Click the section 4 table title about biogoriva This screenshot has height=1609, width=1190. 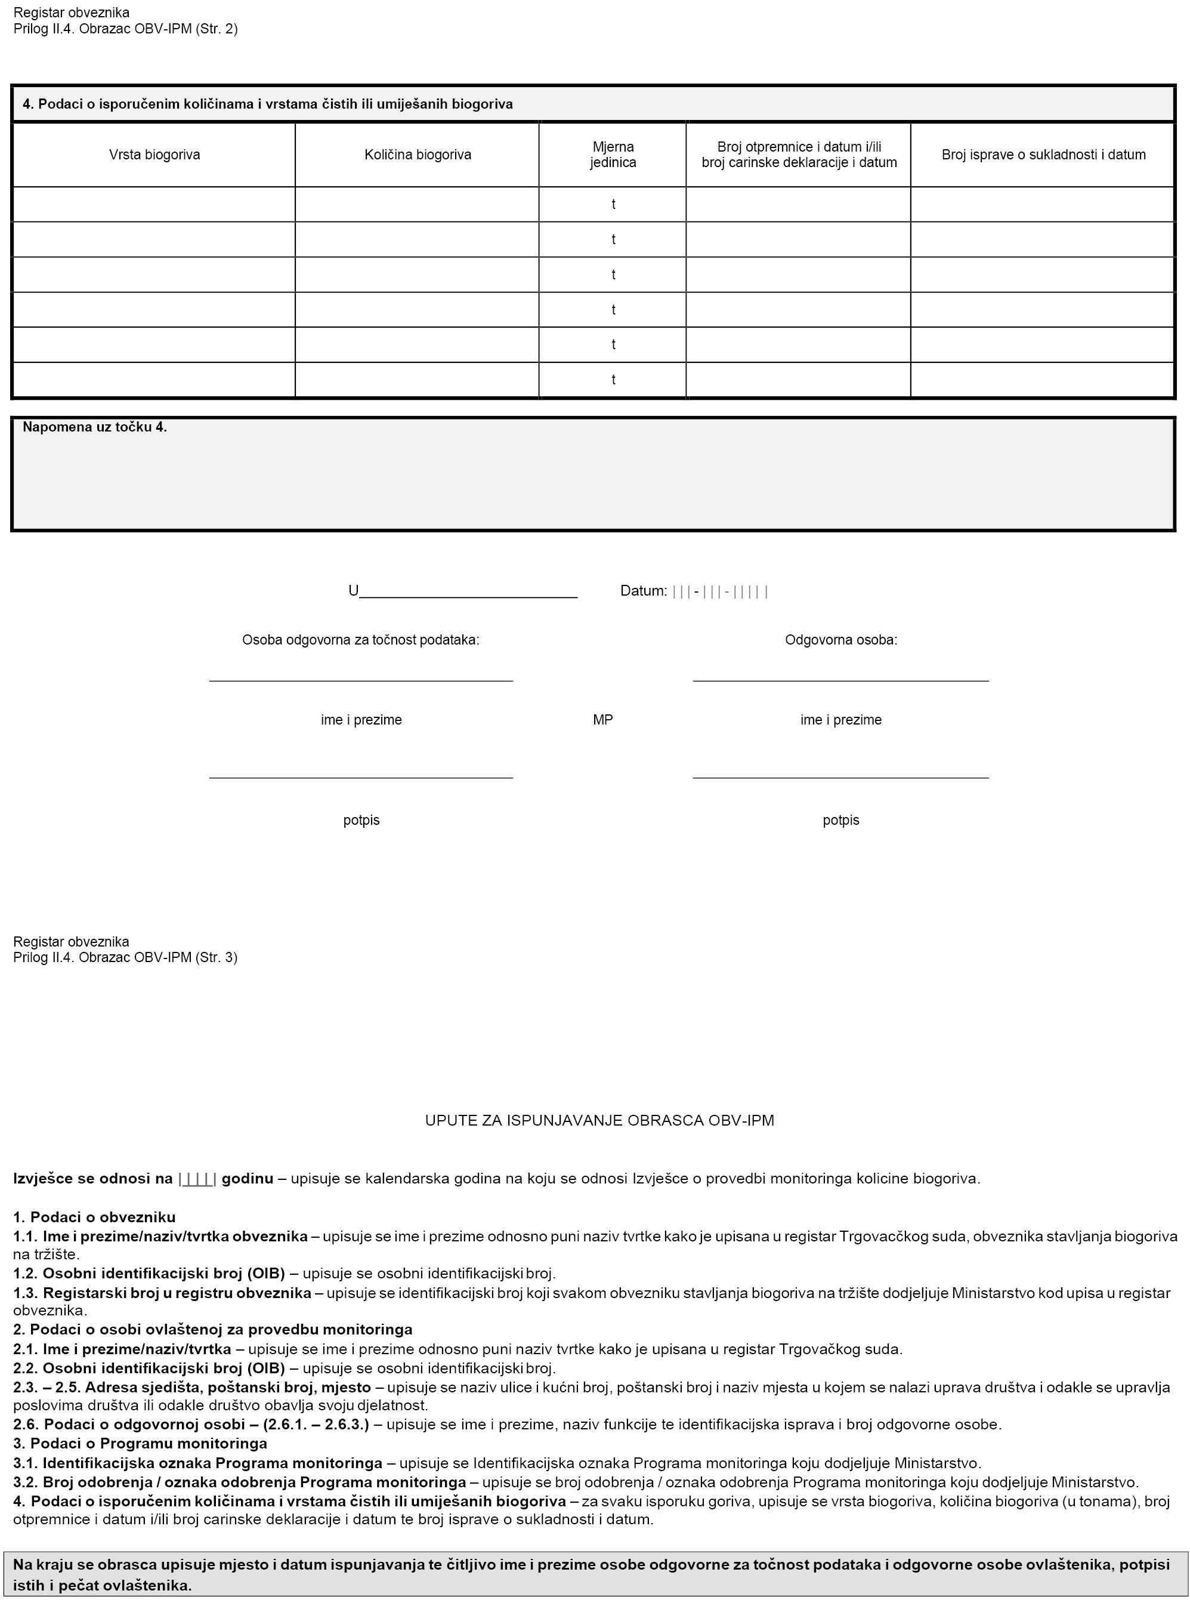267,104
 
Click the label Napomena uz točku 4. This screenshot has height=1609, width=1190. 94,427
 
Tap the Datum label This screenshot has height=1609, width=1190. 643,591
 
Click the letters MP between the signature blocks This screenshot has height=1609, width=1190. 603,720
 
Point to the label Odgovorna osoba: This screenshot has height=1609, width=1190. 840,640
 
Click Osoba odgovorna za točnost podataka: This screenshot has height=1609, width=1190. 361,640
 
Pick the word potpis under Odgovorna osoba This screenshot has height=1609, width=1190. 840,820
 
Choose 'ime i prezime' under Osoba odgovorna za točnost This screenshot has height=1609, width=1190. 361,720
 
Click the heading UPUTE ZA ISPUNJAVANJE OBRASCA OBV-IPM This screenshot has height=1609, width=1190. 599,1120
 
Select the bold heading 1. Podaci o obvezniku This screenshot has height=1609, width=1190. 94,1217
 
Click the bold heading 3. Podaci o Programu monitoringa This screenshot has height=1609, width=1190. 140,1443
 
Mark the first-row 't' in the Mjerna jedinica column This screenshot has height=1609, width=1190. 613,205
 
